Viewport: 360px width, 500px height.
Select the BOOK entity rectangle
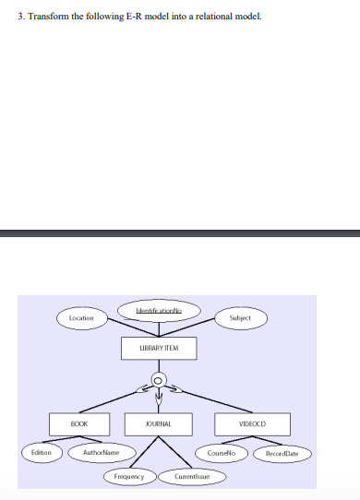point(81,423)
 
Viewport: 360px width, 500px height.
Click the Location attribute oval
point(81,317)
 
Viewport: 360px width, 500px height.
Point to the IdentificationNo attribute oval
point(158,313)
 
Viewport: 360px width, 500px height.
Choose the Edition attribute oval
point(42,453)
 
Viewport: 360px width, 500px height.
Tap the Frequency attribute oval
point(128,477)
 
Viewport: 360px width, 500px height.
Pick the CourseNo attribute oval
point(222,453)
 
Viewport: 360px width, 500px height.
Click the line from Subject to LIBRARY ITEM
point(203,327)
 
